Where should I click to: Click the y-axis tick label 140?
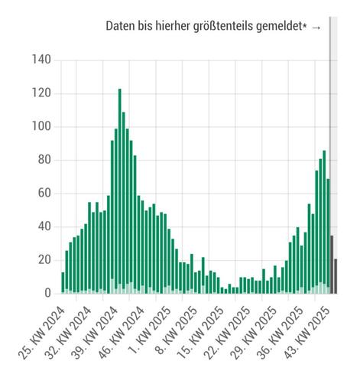tap(42, 60)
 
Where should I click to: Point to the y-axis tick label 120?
tap(42, 93)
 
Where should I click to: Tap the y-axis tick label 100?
tap(42, 127)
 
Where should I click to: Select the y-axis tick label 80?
tap(45, 160)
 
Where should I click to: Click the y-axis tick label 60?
tap(45, 194)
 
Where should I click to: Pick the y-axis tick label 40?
tap(45, 226)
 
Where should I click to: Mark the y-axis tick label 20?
tap(45, 260)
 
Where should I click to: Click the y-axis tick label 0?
tap(48, 293)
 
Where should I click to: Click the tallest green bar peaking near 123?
tap(120, 191)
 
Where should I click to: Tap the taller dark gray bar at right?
tap(332, 265)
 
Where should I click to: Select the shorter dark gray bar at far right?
tap(336, 276)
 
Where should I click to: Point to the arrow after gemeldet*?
tap(316, 27)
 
